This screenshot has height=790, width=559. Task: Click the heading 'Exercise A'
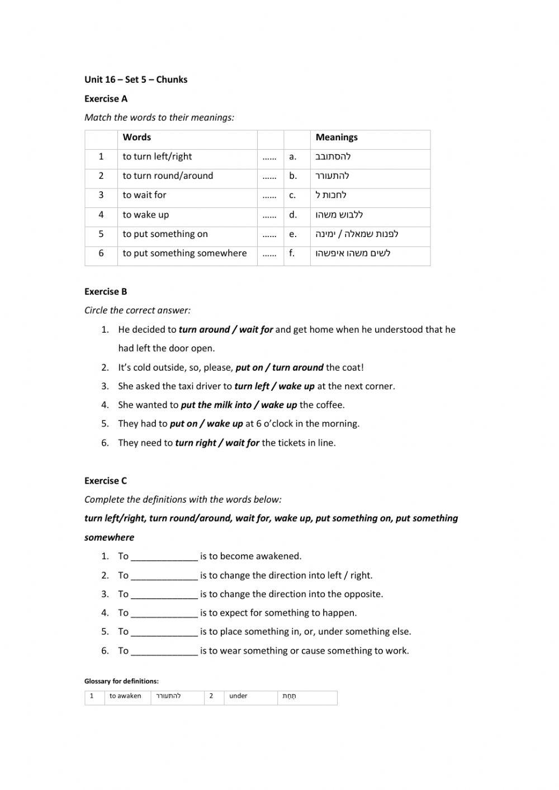pyautogui.click(x=106, y=99)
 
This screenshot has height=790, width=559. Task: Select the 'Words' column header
pyautogui.click(x=137, y=138)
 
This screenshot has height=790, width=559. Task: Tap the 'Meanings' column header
pyautogui.click(x=337, y=138)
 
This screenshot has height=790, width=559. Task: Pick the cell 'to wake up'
pyautogui.click(x=145, y=215)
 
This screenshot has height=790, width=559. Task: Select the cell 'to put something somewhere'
pyautogui.click(x=184, y=253)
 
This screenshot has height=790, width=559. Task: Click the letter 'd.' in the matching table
pyautogui.click(x=293, y=215)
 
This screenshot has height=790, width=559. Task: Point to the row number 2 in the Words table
pyautogui.click(x=101, y=176)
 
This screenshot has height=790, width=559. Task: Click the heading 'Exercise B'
pyautogui.click(x=106, y=291)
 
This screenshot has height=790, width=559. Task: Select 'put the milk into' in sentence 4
pyautogui.click(x=216, y=405)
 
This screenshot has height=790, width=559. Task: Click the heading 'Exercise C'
pyautogui.click(x=106, y=481)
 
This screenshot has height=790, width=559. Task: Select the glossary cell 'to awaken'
pyautogui.click(x=125, y=696)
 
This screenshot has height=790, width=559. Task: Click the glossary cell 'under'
pyautogui.click(x=238, y=696)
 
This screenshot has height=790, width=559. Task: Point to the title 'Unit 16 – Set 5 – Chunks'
pyautogui.click(x=136, y=79)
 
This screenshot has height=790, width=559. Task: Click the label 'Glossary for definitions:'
pyautogui.click(x=121, y=681)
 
